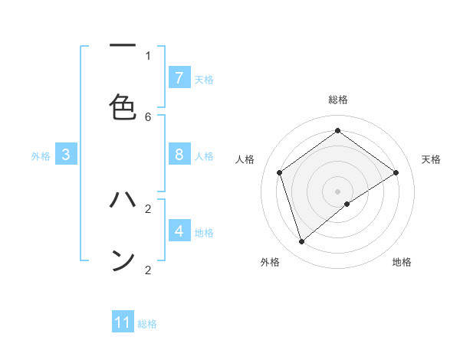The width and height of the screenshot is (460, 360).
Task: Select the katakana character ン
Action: coord(123,260)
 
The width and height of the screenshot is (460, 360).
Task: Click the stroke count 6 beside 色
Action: coord(148,116)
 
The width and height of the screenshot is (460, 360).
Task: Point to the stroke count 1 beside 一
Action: coord(148,55)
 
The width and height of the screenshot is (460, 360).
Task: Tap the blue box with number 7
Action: coord(179,78)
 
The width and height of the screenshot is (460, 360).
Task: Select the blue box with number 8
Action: coord(179,155)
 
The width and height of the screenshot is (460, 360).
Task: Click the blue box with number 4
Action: coord(179,231)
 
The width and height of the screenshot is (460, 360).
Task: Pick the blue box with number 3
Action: coord(66,155)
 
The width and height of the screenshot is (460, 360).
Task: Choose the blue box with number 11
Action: coord(123,322)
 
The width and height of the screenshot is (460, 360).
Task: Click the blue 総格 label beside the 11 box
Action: coord(147,324)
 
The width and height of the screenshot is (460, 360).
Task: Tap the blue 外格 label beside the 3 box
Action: coord(41,156)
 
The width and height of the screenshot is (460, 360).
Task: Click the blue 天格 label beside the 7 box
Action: coord(204,80)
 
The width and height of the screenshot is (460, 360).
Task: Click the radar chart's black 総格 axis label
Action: coord(338,100)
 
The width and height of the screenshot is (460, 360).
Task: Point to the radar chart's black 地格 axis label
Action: coord(402,262)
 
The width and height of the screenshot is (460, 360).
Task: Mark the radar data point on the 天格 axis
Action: coord(396,172)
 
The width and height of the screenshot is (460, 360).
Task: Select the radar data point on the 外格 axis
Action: coord(301,242)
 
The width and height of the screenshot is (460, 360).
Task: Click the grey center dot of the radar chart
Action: coord(338,191)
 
